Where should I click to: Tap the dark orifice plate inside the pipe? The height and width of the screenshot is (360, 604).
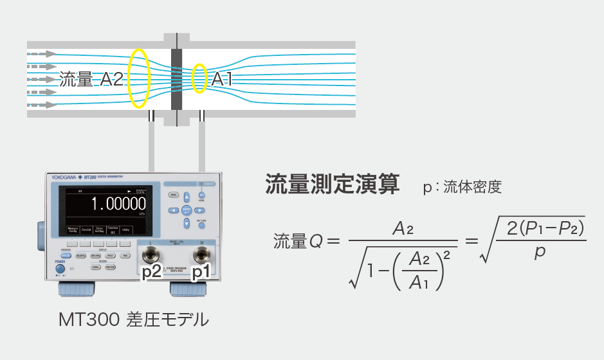pos(177,80)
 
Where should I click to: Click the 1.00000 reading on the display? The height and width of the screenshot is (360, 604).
pos(118,204)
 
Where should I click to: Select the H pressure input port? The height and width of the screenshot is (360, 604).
pos(201,255)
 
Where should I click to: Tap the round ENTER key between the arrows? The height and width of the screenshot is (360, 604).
pos(186,210)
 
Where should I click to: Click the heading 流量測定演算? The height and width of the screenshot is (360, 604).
pos(332,184)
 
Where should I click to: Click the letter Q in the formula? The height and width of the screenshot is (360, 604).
pos(315,242)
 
